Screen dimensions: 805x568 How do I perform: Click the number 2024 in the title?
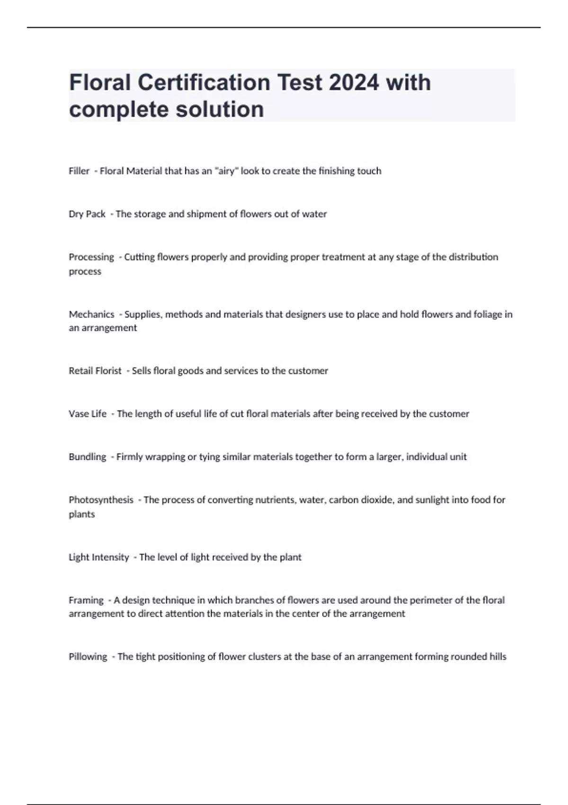coord(354,83)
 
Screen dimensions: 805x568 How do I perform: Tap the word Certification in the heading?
coord(204,83)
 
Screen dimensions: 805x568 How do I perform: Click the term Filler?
coord(79,171)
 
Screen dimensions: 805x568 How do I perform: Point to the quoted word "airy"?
coord(226,171)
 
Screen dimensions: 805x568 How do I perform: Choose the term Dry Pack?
coord(87,214)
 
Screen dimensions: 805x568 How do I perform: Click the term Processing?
coord(91,257)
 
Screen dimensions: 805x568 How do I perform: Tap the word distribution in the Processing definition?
coord(473,257)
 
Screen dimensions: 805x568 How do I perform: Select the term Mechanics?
coord(91,314)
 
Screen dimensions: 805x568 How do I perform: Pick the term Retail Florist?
coord(95,371)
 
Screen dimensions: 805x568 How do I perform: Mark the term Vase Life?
coord(88,414)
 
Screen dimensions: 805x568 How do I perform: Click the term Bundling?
coord(88,457)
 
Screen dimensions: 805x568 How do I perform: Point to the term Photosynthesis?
coord(101,500)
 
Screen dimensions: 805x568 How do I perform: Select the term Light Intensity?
coord(98,557)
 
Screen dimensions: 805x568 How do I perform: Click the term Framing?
coord(86,600)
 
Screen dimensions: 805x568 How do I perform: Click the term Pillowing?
coord(88,657)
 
